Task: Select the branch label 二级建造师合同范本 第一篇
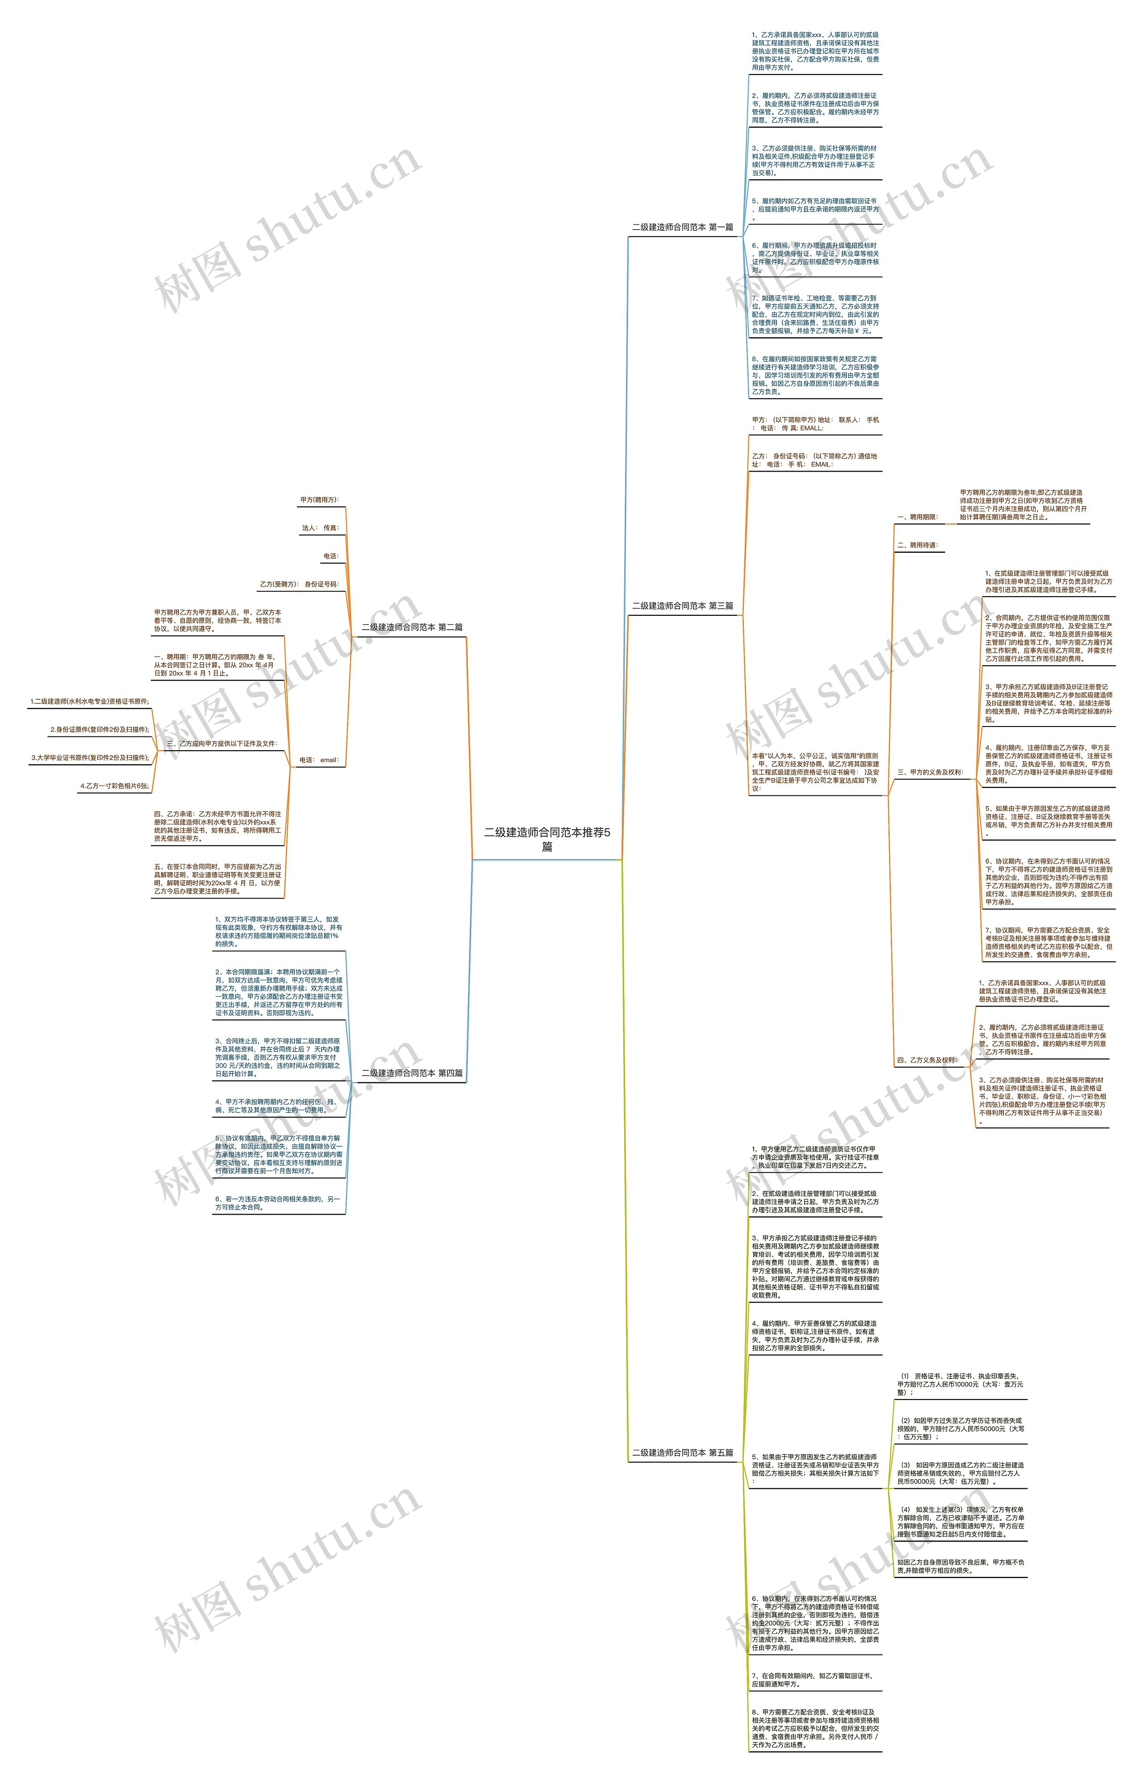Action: [682, 227]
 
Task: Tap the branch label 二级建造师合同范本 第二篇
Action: [412, 627]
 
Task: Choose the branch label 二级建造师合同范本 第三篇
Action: [682, 606]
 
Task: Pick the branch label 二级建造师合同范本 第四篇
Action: [412, 1073]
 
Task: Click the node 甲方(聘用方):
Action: [319, 500]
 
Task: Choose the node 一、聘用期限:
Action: [918, 517]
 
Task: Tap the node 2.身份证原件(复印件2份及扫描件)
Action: [100, 730]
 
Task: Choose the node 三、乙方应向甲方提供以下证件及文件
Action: [221, 743]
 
